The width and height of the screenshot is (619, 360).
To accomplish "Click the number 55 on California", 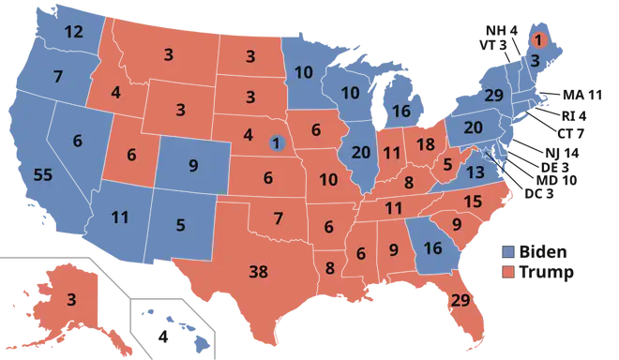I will [42, 175].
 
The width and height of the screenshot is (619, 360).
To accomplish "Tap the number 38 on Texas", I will [258, 273].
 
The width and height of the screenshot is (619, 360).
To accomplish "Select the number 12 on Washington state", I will [74, 32].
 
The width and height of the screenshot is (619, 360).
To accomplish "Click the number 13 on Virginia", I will [476, 172].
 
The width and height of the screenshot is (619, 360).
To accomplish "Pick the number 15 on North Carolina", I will [473, 201].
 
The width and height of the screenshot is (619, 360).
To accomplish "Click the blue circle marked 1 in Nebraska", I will [276, 143].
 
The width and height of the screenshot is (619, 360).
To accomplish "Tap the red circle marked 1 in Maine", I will [538, 38].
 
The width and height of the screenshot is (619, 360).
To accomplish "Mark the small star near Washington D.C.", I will [485, 152].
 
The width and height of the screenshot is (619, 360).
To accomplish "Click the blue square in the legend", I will [507, 252].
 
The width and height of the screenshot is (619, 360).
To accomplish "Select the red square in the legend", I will [507, 273].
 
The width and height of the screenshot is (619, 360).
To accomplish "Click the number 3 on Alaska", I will [71, 300].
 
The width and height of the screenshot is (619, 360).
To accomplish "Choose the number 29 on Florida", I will [460, 300].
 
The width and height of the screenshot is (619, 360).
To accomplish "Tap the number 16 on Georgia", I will [432, 248].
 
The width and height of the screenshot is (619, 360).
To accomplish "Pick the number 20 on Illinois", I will [361, 154].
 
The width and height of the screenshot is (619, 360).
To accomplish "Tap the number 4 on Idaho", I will [115, 93].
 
